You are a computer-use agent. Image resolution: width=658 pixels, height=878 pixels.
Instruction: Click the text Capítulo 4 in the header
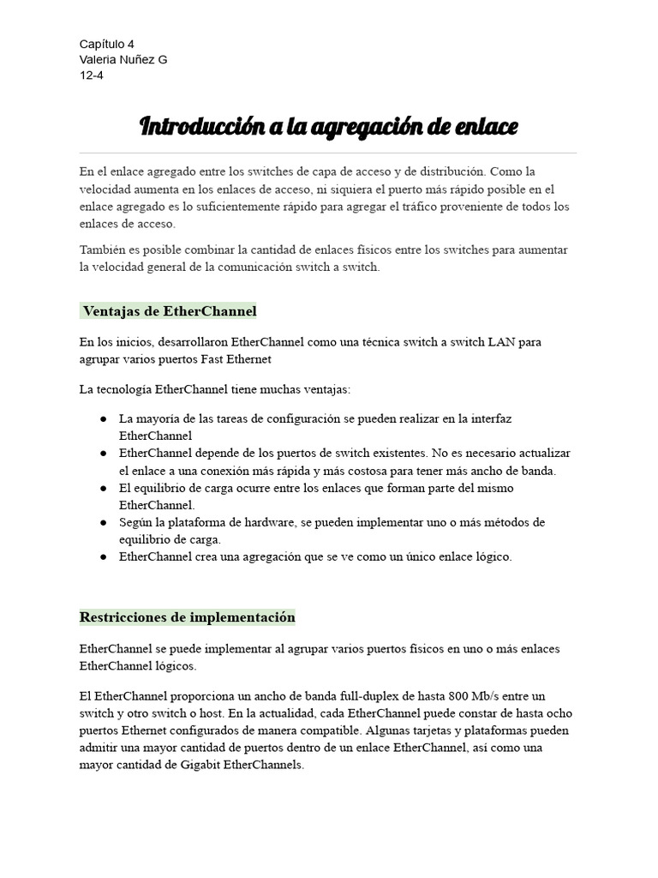click(106, 44)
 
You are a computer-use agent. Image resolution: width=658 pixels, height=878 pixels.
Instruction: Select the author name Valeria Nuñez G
click(123, 59)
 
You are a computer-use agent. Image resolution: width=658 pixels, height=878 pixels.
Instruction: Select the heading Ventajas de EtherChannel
click(169, 310)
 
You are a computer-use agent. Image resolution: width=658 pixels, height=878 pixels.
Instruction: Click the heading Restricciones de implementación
click(188, 617)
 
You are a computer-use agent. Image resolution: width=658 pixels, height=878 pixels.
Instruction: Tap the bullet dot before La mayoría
click(103, 418)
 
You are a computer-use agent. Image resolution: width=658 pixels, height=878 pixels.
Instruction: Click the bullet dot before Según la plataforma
click(103, 522)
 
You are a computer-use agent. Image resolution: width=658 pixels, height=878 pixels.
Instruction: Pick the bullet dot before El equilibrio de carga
click(103, 488)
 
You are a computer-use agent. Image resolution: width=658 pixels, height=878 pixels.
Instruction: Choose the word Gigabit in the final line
click(200, 765)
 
